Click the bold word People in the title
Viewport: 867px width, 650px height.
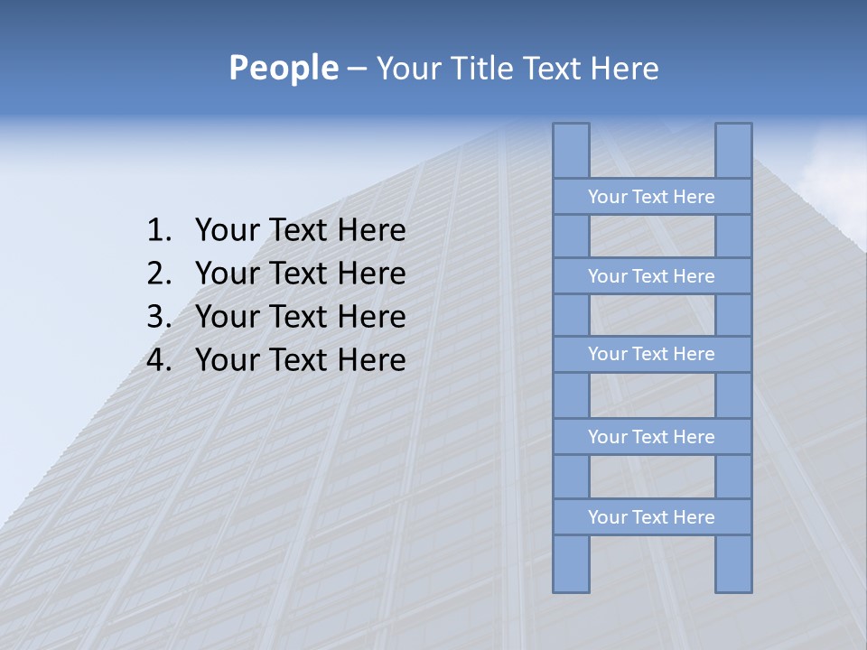pyautogui.click(x=283, y=69)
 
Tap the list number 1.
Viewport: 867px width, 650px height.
pyautogui.click(x=158, y=231)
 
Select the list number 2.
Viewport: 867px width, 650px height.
pyautogui.click(x=158, y=274)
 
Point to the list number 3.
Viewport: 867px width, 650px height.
pyautogui.click(x=158, y=317)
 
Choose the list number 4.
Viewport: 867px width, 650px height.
pyautogui.click(x=158, y=360)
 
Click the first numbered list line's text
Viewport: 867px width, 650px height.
pyautogui.click(x=300, y=231)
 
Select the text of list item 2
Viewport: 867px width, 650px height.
pyautogui.click(x=300, y=274)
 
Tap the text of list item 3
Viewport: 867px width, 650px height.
pyautogui.click(x=300, y=317)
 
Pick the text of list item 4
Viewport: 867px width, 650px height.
pyautogui.click(x=300, y=360)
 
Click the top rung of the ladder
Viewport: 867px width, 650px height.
pyautogui.click(x=651, y=197)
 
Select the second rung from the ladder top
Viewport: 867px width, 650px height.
pyautogui.click(x=651, y=276)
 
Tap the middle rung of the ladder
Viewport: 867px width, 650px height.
pyautogui.click(x=651, y=355)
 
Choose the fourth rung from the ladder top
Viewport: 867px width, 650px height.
pyautogui.click(x=651, y=437)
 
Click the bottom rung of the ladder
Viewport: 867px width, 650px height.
pyautogui.click(x=651, y=517)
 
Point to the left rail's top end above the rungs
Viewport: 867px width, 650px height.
pyautogui.click(x=571, y=150)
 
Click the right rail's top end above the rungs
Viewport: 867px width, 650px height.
pyautogui.click(x=733, y=150)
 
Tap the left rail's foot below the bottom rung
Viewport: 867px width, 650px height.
pyautogui.click(x=571, y=564)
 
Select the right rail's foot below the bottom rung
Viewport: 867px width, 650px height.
pyautogui.click(x=733, y=564)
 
